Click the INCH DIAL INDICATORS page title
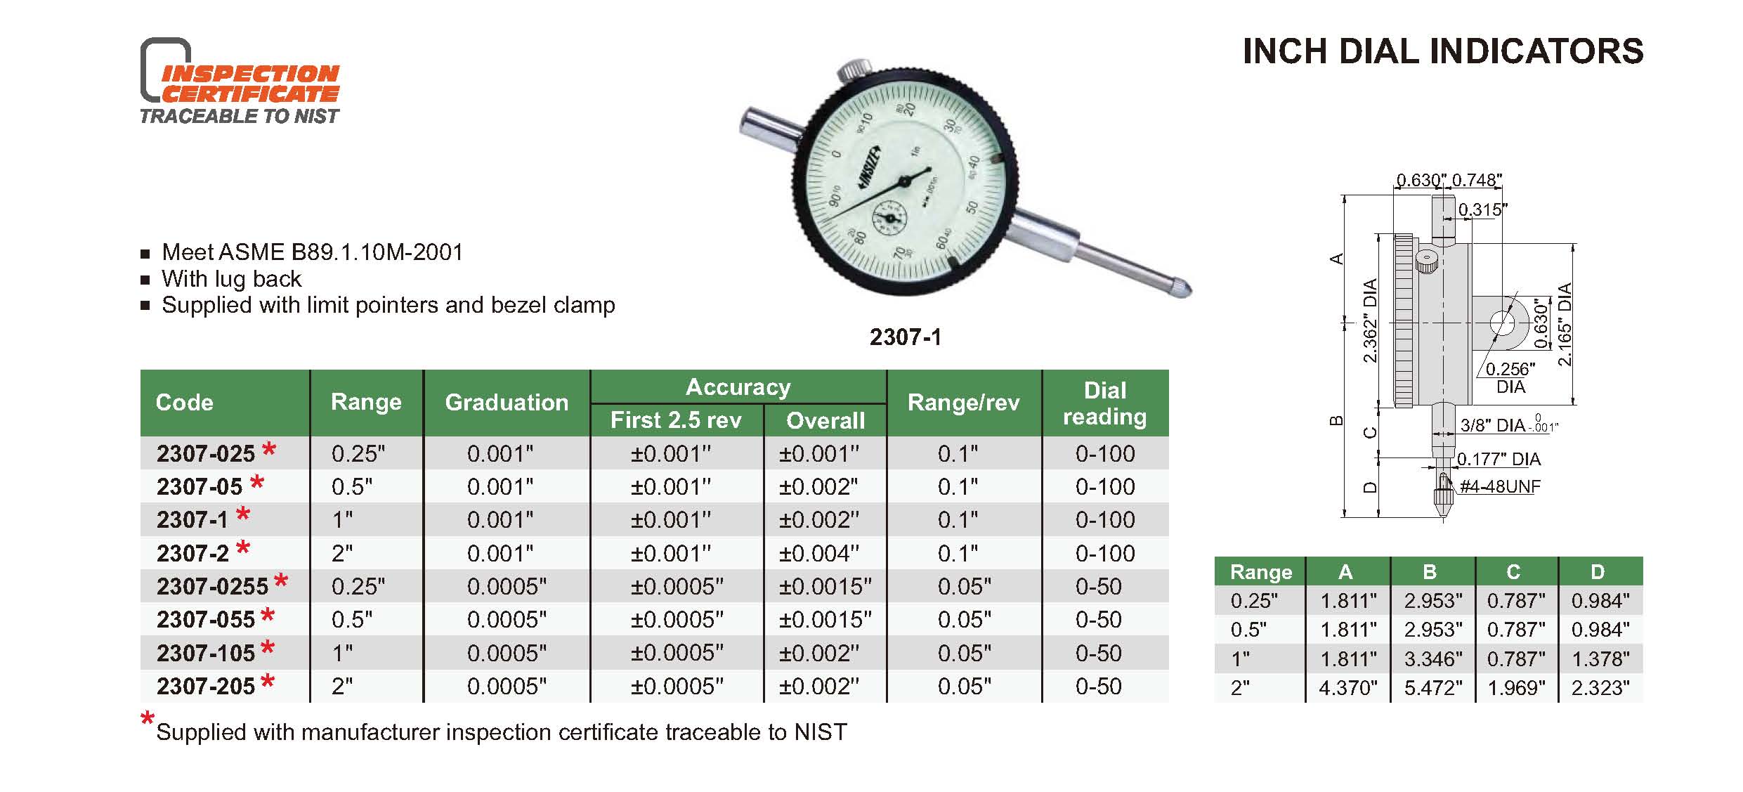[x=1443, y=51]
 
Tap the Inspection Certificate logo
[x=240, y=81]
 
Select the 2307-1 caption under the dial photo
[x=905, y=337]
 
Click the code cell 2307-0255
[x=212, y=586]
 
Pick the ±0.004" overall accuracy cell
[x=818, y=554]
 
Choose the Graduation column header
[x=507, y=402]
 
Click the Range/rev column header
[x=963, y=402]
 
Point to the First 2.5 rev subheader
[x=676, y=420]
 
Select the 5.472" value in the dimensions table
[x=1433, y=687]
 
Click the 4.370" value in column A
[x=1348, y=687]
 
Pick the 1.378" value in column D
[x=1600, y=658]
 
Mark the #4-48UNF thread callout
[x=1500, y=486]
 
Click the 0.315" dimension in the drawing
[x=1483, y=209]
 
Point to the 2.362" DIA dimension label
[x=1370, y=320]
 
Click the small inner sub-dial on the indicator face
[x=890, y=218]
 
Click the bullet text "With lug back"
[x=231, y=279]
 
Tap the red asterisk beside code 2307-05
[x=257, y=482]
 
